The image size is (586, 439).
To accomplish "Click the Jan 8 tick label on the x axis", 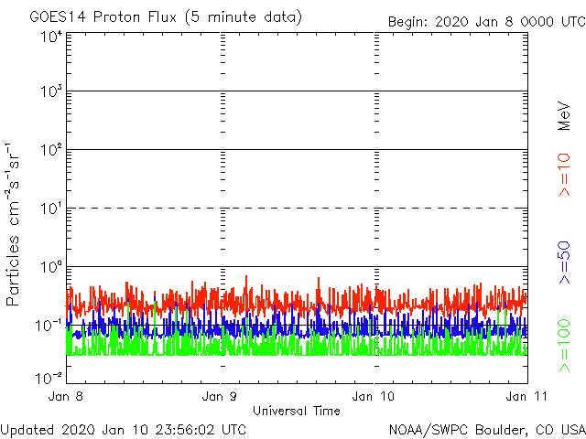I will [68, 396].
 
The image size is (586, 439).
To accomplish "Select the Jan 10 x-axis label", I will [374, 396].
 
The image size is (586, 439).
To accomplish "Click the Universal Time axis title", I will [296, 411].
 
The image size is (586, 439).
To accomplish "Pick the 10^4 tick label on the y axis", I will [50, 37].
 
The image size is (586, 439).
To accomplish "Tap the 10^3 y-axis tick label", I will [50, 92].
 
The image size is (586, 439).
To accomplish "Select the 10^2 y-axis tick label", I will [50, 151].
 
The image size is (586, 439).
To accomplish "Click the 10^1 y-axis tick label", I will [50, 209].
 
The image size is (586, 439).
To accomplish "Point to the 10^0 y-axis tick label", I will [50, 268].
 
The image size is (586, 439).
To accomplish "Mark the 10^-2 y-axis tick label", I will [50, 378].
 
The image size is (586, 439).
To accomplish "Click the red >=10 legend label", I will [564, 175].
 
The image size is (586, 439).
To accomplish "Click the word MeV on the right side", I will [564, 115].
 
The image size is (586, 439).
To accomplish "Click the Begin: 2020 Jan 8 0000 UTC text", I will [484, 21].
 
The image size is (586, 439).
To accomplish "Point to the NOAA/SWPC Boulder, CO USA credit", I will [486, 429].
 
